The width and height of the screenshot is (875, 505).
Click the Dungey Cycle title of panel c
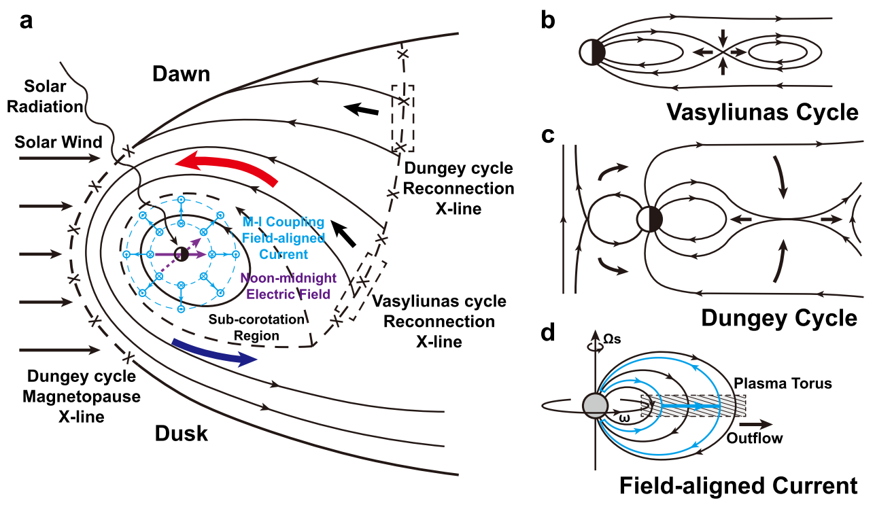[778, 317]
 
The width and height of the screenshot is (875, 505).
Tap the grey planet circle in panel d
[595, 405]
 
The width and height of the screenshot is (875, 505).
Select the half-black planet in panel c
[650, 219]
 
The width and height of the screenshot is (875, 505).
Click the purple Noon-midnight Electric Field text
[286, 286]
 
